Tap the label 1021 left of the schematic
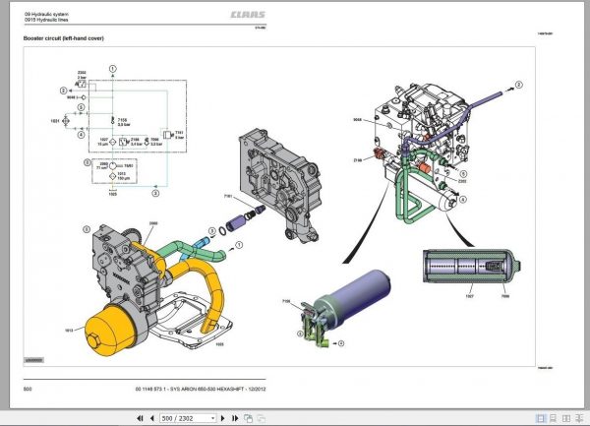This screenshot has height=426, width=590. coord(55,120)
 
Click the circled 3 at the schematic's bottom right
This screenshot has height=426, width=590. coord(154,196)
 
